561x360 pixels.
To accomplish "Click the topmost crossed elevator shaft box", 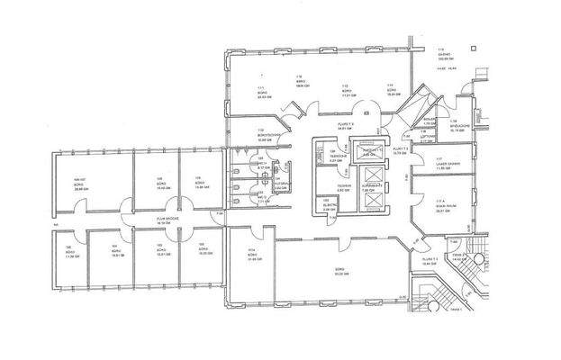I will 368,150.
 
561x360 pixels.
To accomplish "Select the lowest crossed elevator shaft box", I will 370,199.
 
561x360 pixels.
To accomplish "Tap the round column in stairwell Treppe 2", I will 476,261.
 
